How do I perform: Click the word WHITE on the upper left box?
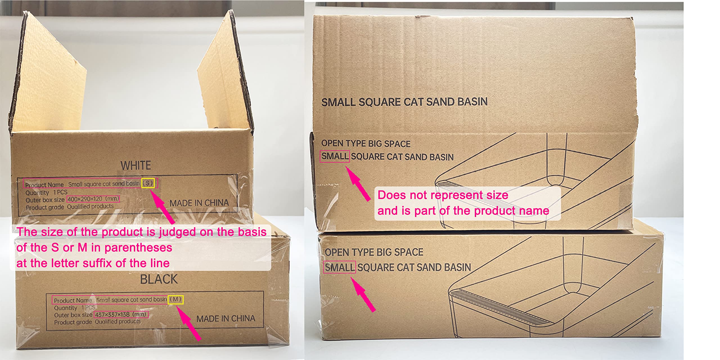pyautogui.click(x=136, y=165)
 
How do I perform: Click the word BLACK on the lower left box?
pyautogui.click(x=159, y=279)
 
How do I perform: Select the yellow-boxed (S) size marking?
pyautogui.click(x=148, y=183)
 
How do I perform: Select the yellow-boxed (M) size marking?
pyautogui.click(x=176, y=300)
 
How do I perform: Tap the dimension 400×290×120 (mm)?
pyautogui.click(x=93, y=199)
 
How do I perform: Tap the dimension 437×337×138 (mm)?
pyautogui.click(x=121, y=314)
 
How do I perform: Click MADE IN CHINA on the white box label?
pyautogui.click(x=199, y=203)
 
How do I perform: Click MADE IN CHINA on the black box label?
pyautogui.click(x=226, y=319)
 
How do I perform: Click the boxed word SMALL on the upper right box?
pyautogui.click(x=335, y=156)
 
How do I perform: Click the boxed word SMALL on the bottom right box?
pyautogui.click(x=339, y=267)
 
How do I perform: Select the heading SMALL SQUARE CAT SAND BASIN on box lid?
pyautogui.click(x=404, y=102)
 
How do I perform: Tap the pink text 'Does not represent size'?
pyautogui.click(x=443, y=195)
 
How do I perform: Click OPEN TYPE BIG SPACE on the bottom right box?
pyautogui.click(x=374, y=252)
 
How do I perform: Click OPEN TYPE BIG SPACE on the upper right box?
pyautogui.click(x=366, y=143)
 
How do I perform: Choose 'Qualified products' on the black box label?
pyautogui.click(x=118, y=321)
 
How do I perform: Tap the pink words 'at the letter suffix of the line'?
pyautogui.click(x=93, y=263)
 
